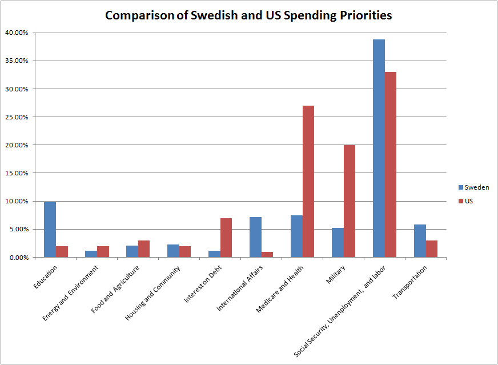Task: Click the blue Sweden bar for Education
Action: coord(50,230)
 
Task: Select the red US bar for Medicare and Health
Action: coord(308,182)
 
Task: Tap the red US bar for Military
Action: coord(350,201)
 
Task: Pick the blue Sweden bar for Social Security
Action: coord(379,149)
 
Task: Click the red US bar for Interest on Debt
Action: coord(226,238)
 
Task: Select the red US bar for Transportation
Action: coord(432,249)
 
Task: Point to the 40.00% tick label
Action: coord(16,33)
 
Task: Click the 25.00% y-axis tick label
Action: coord(16,117)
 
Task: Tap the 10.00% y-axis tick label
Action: coord(16,201)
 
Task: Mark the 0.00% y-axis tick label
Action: coord(17,258)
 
